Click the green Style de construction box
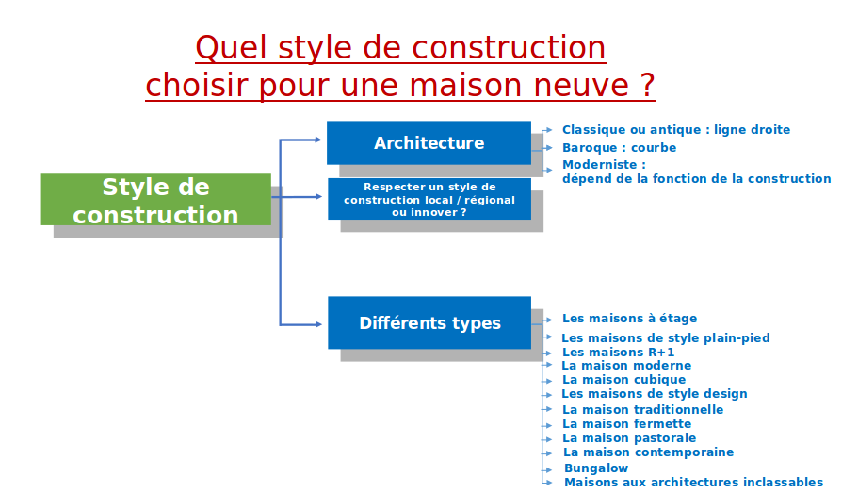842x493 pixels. click(155, 200)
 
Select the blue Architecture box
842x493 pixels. click(429, 142)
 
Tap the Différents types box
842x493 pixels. click(429, 322)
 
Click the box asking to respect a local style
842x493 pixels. click(429, 199)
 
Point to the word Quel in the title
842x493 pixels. click(231, 47)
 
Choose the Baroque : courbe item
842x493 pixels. click(619, 147)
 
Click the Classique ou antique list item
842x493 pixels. click(676, 129)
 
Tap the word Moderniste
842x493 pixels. click(599, 165)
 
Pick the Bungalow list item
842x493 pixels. click(596, 468)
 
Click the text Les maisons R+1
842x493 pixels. click(618, 353)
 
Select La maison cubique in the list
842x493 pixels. click(624, 380)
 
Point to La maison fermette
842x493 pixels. click(626, 423)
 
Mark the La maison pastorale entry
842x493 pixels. click(629, 438)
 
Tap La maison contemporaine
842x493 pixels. click(648, 452)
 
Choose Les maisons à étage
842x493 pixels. click(629, 319)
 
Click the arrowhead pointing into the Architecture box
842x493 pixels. click(318, 140)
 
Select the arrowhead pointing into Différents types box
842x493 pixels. click(318, 324)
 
